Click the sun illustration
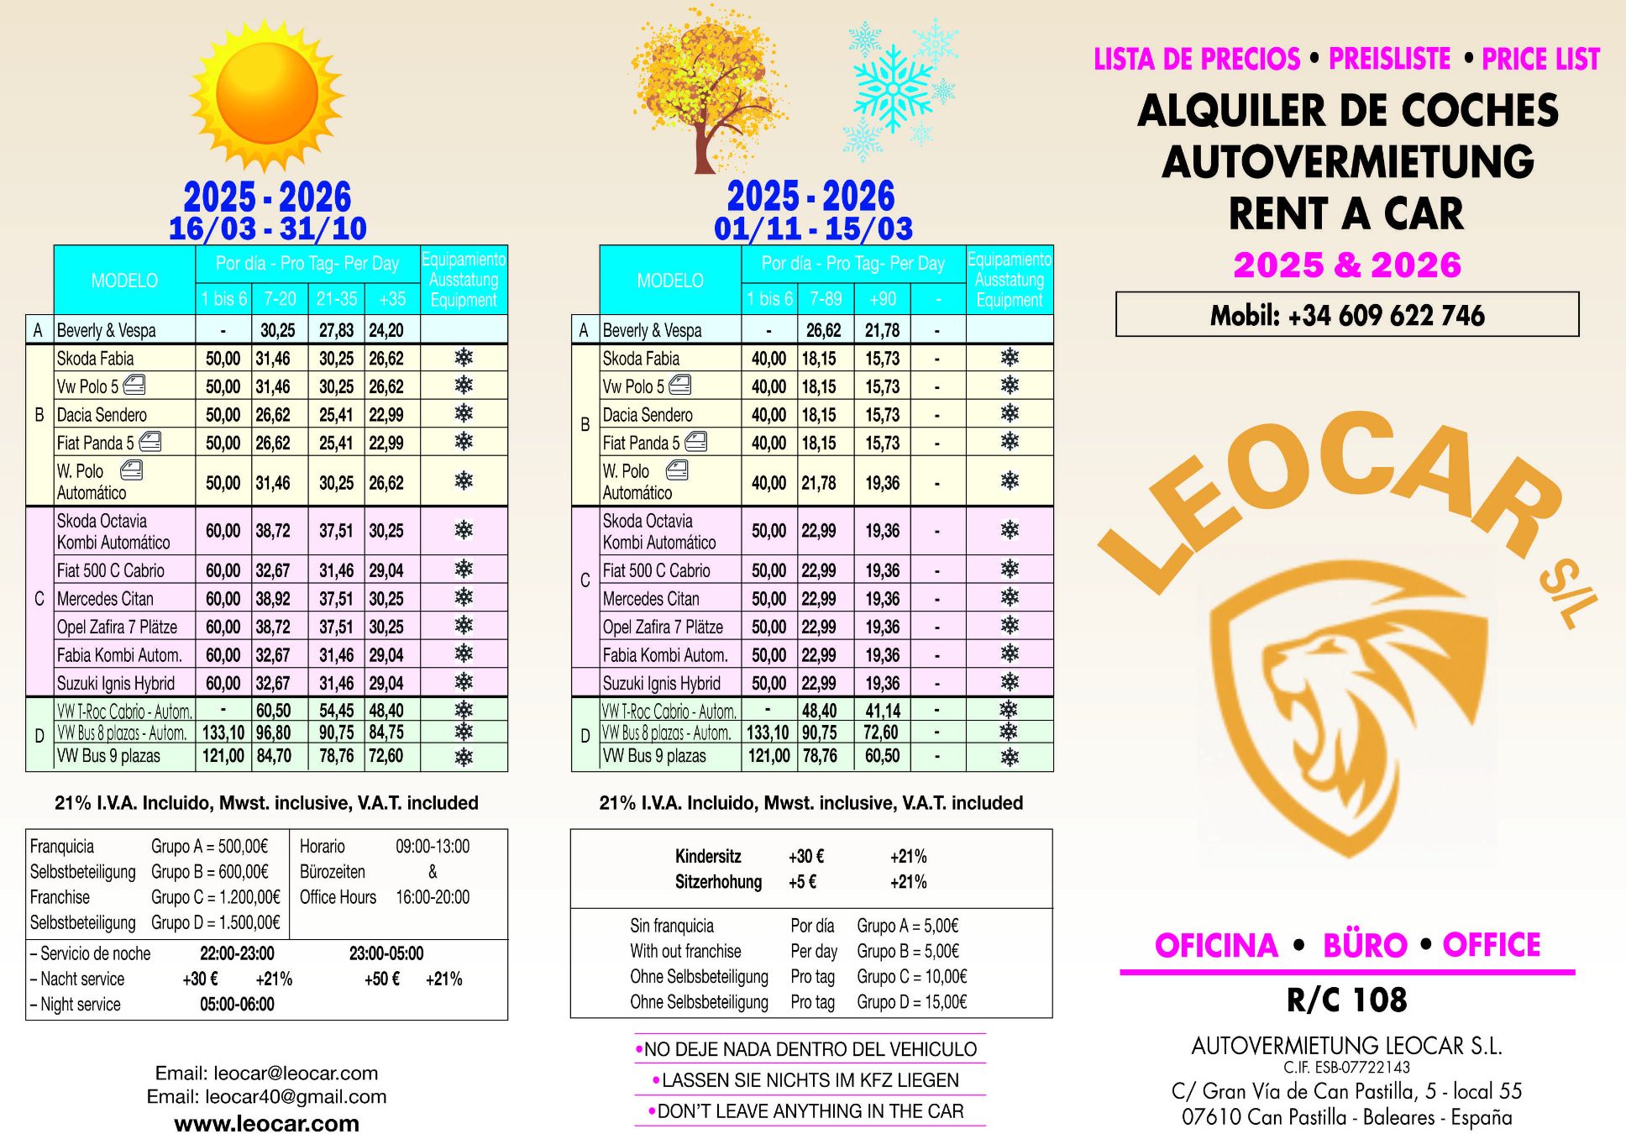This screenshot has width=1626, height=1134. click(x=267, y=94)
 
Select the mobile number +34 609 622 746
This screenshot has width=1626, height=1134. click(x=1346, y=315)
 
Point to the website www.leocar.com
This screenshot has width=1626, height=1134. click(x=266, y=1123)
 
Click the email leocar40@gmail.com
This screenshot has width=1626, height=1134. click(x=266, y=1096)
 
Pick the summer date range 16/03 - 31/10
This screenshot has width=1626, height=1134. click(x=267, y=228)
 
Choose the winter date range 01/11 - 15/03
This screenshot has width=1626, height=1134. click(x=812, y=228)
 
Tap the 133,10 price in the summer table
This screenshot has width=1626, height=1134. click(x=223, y=732)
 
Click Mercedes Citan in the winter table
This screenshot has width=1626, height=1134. click(x=651, y=599)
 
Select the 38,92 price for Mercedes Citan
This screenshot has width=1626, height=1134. click(x=273, y=599)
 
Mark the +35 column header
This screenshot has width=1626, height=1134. click(x=392, y=299)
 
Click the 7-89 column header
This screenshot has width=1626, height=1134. click(x=825, y=299)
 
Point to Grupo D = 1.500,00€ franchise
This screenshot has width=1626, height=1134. click(x=215, y=922)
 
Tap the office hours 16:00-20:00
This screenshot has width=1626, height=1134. click(x=433, y=897)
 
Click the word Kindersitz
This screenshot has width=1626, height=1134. click(x=708, y=857)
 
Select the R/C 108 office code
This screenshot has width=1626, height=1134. click(x=1346, y=1000)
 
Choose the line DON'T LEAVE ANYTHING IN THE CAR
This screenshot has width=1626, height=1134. click(x=810, y=1111)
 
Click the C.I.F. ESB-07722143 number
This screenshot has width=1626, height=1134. click(x=1346, y=1068)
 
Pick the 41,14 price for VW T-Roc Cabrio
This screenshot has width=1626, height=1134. click(x=882, y=711)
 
